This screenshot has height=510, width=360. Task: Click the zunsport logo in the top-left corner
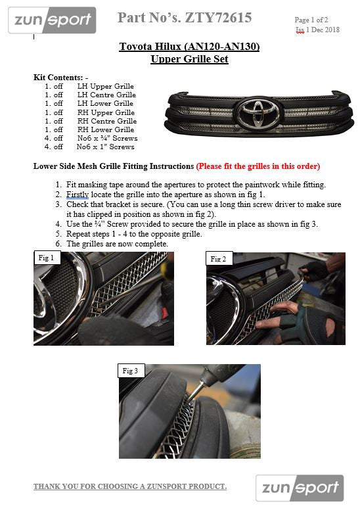pos(52,20)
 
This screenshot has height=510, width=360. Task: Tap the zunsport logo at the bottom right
pos(300,488)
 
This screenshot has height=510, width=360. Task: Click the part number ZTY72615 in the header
pos(218,18)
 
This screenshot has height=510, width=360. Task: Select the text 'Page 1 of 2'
pos(311,20)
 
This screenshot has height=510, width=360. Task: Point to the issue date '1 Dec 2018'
pos(323,30)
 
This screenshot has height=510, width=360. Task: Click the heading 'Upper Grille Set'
pos(189,59)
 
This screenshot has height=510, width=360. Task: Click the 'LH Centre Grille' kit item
pos(106,95)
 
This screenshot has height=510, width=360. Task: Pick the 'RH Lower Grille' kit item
pos(106,129)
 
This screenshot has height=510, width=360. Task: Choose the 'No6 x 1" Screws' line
pos(105,147)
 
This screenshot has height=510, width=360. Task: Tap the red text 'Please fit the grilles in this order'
pos(258,166)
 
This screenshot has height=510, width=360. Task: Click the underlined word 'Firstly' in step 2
pos(78,195)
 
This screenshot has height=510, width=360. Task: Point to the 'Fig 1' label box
pos(47,258)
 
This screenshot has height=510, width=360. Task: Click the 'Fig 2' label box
pos(219,258)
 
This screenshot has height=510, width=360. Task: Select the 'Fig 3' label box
pos(131,371)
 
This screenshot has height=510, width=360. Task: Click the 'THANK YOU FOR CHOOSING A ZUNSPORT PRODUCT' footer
pos(130,486)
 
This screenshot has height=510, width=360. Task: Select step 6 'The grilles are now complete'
pos(117,244)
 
